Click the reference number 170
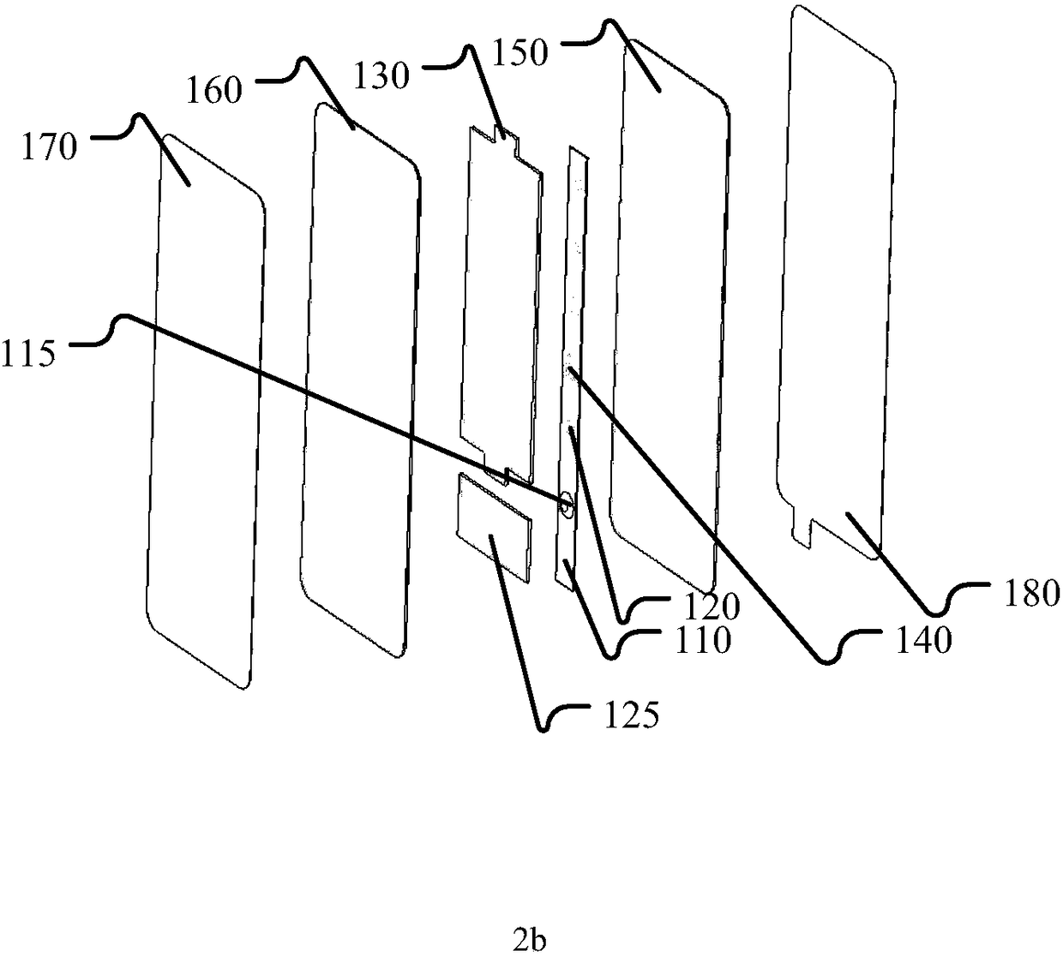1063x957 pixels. click(x=50, y=147)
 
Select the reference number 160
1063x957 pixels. click(x=214, y=89)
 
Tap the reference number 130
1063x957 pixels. click(x=381, y=75)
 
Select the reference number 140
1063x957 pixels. click(x=922, y=640)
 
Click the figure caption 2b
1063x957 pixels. click(x=530, y=941)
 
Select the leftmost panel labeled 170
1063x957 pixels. click(x=204, y=411)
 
